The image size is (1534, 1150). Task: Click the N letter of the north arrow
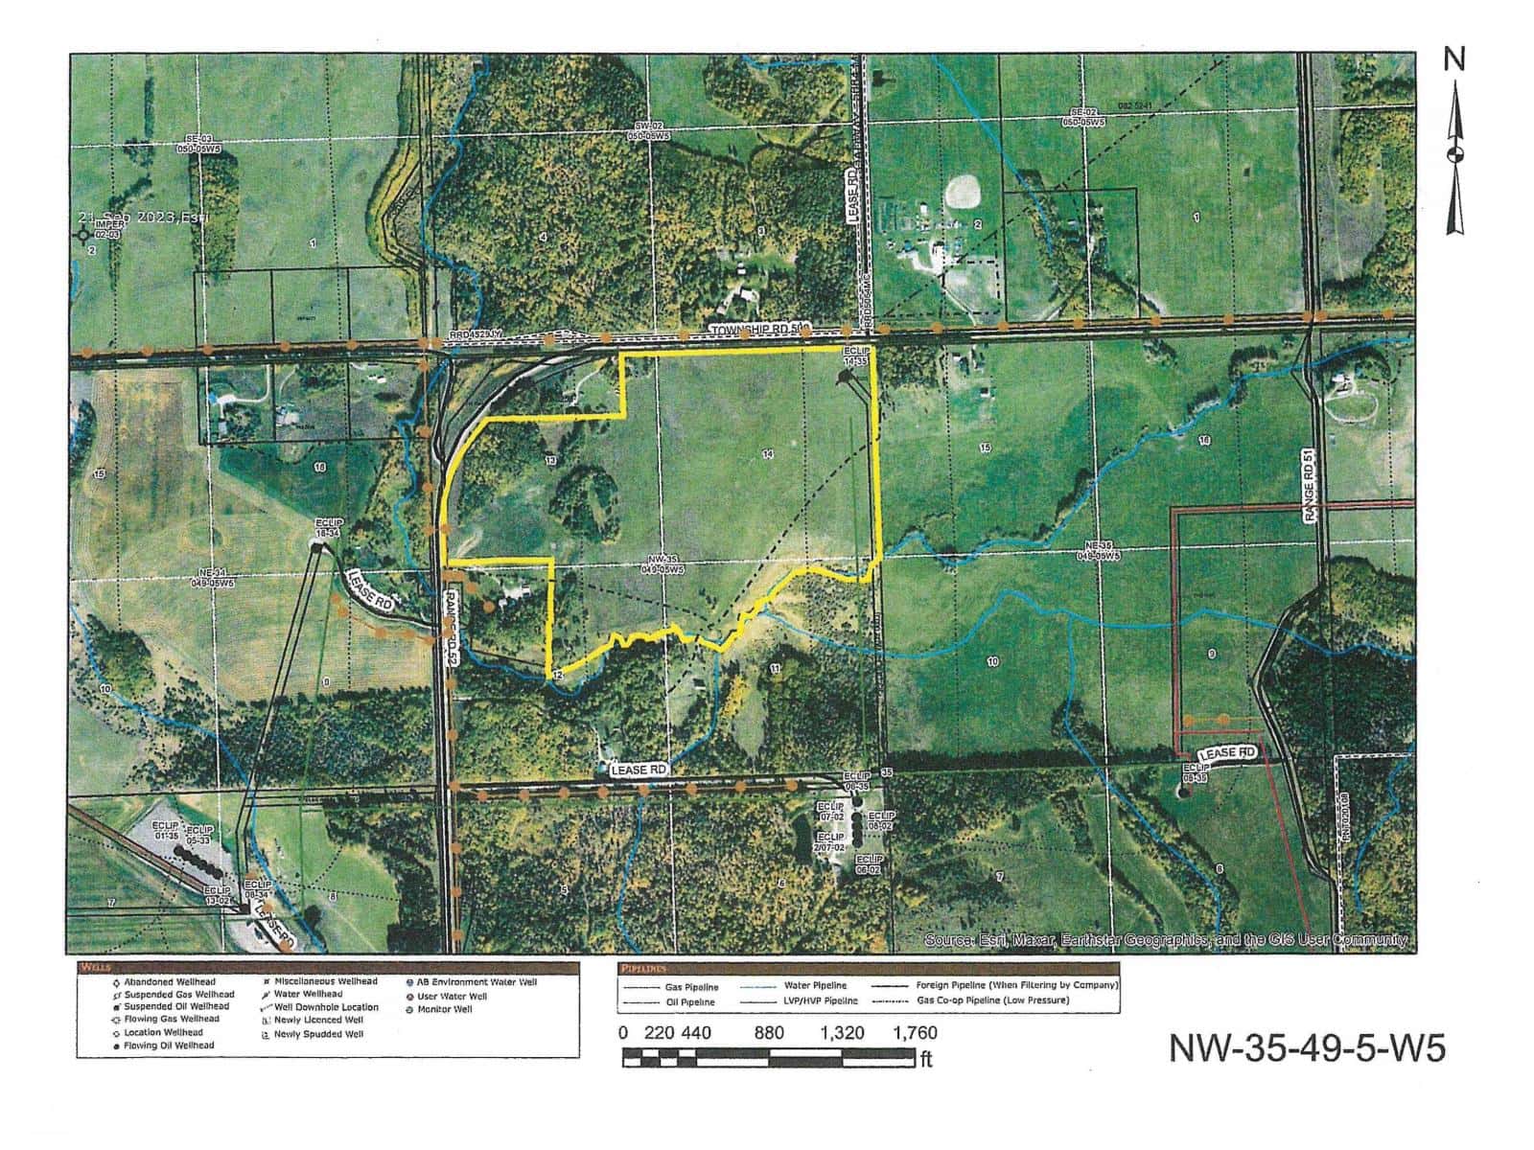click(x=1454, y=60)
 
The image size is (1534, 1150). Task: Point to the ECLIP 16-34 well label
click(x=329, y=528)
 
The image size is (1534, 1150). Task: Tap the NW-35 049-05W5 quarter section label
click(x=662, y=565)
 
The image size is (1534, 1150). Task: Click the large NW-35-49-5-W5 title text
click(x=1306, y=1047)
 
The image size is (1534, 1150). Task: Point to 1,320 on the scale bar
click(x=842, y=1033)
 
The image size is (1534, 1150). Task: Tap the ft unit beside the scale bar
click(x=925, y=1059)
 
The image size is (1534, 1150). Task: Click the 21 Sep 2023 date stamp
click(x=144, y=218)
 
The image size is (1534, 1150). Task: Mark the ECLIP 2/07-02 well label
click(x=830, y=842)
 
